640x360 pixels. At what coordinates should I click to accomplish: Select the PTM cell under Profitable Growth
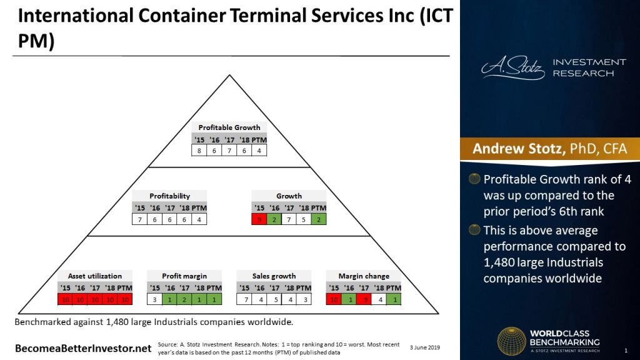(x=259, y=151)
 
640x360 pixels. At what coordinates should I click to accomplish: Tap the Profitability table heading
(x=169, y=196)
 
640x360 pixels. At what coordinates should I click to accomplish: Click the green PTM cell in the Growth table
(x=319, y=219)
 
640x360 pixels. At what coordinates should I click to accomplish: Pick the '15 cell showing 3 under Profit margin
(x=154, y=299)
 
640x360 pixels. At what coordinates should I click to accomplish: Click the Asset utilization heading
(x=95, y=276)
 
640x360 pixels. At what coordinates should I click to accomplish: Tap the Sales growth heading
(x=274, y=276)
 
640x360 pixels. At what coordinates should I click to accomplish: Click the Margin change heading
(x=364, y=276)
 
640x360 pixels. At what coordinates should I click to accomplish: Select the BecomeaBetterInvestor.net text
(x=82, y=347)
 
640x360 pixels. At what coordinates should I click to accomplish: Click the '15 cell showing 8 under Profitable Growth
(x=199, y=151)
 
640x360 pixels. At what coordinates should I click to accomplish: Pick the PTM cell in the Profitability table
(x=199, y=219)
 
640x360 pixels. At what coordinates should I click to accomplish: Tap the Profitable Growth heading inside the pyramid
(x=229, y=127)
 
